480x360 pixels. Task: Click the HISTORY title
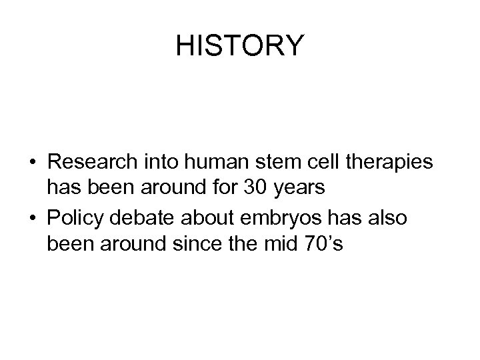240,45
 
